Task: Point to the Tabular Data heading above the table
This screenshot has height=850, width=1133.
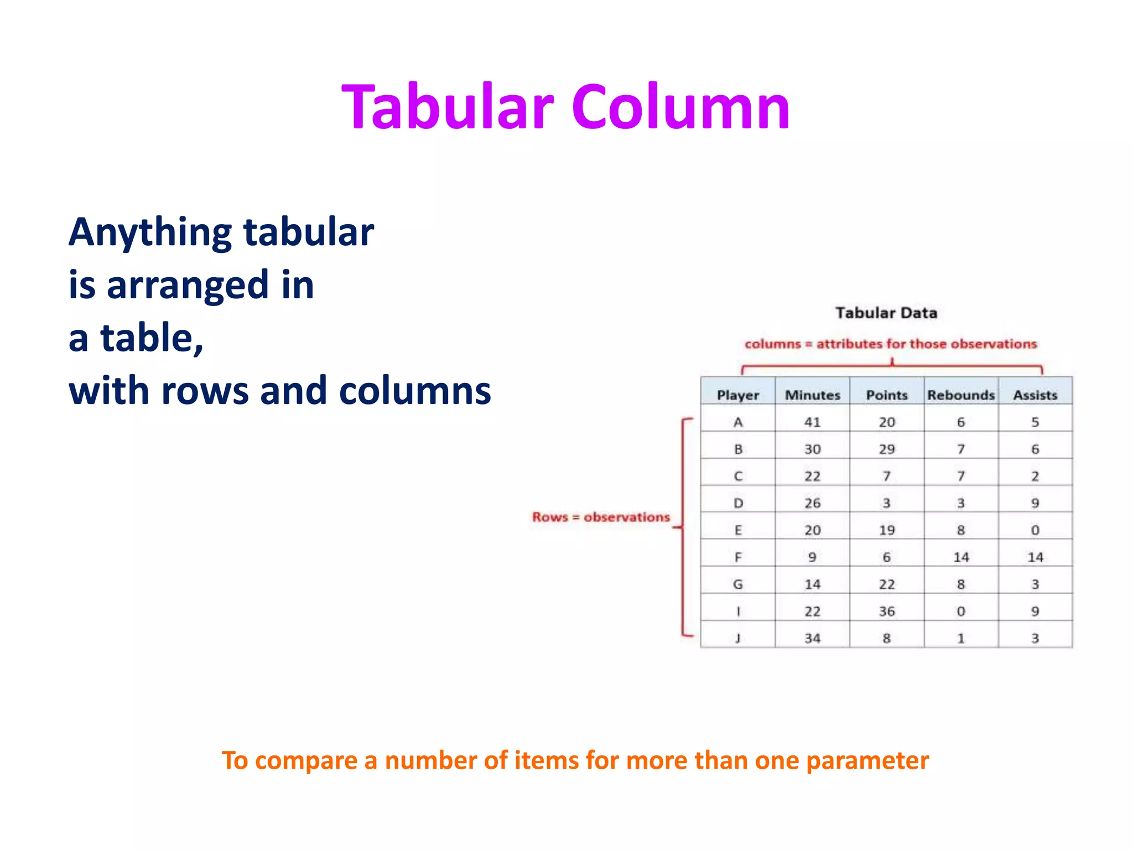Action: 886,313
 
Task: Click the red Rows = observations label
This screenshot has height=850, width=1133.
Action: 601,517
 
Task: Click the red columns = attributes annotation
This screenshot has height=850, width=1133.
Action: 891,344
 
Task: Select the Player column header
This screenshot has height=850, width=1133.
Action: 737,395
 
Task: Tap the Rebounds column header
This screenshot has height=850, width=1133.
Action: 961,395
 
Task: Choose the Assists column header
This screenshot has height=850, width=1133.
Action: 1035,395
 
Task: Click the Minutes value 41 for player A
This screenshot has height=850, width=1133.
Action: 812,422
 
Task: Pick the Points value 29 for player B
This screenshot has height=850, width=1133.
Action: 887,449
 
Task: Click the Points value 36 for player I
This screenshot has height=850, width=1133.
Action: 887,611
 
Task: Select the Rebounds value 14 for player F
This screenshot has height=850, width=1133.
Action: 961,557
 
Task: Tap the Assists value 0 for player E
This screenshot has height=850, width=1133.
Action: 1035,530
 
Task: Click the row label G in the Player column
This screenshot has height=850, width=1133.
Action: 737,584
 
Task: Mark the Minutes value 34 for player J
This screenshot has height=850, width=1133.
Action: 812,638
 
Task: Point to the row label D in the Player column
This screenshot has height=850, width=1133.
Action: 737,503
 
